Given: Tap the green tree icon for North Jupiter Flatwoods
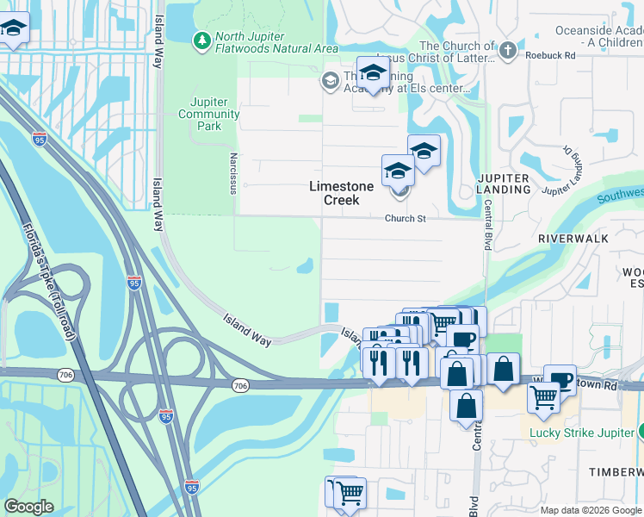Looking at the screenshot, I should [201, 40].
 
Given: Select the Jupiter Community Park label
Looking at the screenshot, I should [209, 114].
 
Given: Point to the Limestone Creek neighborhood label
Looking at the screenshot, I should [342, 193].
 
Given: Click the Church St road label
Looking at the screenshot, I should [405, 219].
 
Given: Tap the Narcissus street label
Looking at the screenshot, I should [233, 174].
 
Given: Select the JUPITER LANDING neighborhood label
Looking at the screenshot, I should [504, 183].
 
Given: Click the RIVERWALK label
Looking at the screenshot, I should [573, 237].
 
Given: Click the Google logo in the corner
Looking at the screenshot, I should [28, 507].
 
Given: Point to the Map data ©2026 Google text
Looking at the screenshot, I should [590, 510].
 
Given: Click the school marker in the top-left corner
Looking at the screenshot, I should [13, 31].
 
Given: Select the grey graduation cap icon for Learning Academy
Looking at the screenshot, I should [329, 81].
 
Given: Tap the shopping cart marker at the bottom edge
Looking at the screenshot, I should [350, 494].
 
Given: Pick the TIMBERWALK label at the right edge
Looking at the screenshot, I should [616, 472].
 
